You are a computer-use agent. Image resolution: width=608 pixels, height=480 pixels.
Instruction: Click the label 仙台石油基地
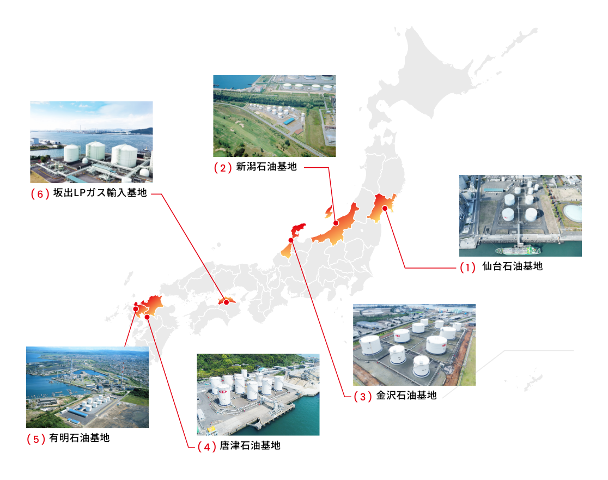512,266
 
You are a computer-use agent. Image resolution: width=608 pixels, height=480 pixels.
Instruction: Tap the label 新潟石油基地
266,167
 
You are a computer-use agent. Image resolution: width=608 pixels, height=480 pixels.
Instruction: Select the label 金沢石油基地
406,396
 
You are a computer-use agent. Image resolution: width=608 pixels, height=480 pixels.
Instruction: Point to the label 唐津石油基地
250,446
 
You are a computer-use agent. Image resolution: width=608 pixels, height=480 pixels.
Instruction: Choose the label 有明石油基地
80,438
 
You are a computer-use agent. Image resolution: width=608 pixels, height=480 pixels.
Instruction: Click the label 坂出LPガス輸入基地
100,193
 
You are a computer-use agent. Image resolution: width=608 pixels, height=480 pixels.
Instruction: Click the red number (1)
467,267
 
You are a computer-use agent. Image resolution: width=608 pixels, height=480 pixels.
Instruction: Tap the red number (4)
206,447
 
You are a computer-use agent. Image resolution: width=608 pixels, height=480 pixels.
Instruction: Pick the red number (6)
40,193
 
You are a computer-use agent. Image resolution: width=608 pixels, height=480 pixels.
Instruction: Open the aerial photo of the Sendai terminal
520,216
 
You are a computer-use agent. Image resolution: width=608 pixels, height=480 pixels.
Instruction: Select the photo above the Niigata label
275,116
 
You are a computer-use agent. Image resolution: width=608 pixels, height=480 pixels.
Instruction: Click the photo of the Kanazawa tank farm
414,345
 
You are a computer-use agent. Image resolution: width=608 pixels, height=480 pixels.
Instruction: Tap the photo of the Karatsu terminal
258,394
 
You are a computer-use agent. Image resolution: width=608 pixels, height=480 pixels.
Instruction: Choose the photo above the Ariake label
87,387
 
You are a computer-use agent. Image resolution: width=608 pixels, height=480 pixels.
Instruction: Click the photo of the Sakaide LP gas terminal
92,142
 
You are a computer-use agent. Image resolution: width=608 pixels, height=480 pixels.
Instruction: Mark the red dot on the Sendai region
385,208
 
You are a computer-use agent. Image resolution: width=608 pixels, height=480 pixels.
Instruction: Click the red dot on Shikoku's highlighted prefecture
227,302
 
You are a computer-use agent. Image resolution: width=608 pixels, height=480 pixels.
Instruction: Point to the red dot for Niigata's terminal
336,223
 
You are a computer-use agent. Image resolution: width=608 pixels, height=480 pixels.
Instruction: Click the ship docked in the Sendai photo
518,250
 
